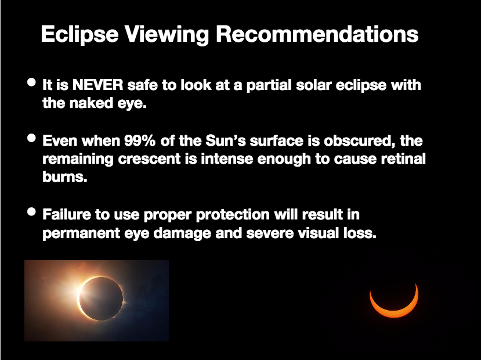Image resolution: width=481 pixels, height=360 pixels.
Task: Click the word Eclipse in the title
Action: coord(79,34)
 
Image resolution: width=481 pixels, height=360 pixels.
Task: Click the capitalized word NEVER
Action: coord(98,85)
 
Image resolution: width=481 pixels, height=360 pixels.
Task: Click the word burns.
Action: coord(65,177)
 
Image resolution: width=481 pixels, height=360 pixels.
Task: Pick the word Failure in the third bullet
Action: coord(67,214)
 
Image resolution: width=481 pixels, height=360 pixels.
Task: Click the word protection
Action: coord(233,215)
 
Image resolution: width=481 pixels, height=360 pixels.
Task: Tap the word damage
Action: coord(182,233)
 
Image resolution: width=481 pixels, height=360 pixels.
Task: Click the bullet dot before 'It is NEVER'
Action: coord(31,82)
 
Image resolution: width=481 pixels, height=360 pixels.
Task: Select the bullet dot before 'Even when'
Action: coord(31,138)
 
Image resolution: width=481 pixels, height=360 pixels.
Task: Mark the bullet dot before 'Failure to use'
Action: coord(31,212)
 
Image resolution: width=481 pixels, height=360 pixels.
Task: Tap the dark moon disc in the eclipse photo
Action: coord(101,298)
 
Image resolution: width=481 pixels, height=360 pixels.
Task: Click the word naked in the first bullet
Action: coord(92,103)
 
